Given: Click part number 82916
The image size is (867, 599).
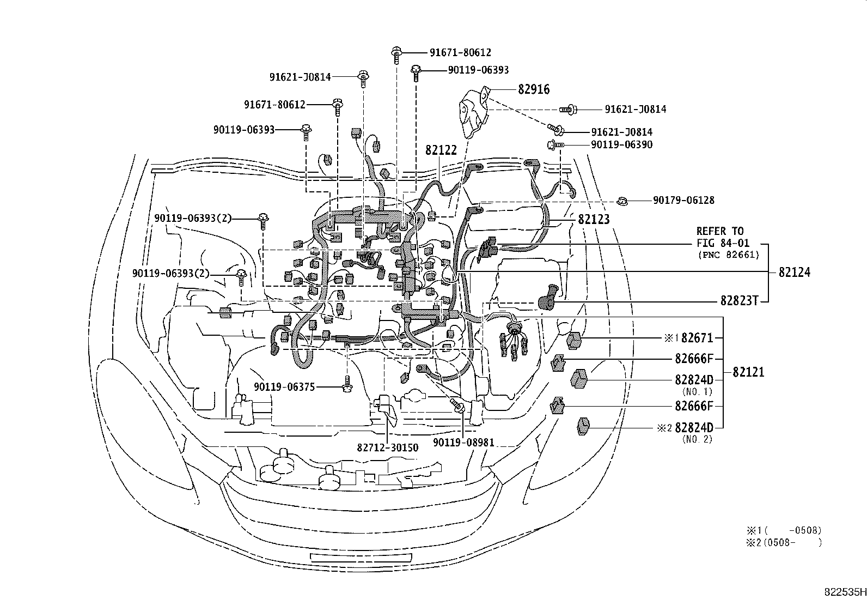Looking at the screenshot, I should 534,89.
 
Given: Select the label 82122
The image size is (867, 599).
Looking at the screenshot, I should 441,149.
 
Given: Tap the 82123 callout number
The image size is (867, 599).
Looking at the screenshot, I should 593,219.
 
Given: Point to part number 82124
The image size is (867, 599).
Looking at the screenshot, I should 794,272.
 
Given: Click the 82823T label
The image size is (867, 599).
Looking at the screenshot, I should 740,301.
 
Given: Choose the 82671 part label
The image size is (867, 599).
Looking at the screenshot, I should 697,338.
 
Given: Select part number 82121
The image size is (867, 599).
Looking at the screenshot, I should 748,372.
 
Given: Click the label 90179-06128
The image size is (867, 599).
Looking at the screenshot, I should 683,201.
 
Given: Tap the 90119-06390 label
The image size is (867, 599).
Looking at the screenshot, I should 621,145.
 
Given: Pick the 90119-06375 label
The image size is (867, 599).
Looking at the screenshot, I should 284,387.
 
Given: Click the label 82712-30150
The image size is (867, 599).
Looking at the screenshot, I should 388,448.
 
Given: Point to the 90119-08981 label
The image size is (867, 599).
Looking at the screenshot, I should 463,443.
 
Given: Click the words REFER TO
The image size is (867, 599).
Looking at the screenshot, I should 720,231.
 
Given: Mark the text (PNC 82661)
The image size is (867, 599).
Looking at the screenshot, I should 728,255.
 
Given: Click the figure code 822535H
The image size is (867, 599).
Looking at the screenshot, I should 844,592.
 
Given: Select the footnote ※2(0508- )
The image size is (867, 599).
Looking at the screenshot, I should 784,542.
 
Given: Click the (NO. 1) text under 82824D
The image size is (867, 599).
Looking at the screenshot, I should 697,391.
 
